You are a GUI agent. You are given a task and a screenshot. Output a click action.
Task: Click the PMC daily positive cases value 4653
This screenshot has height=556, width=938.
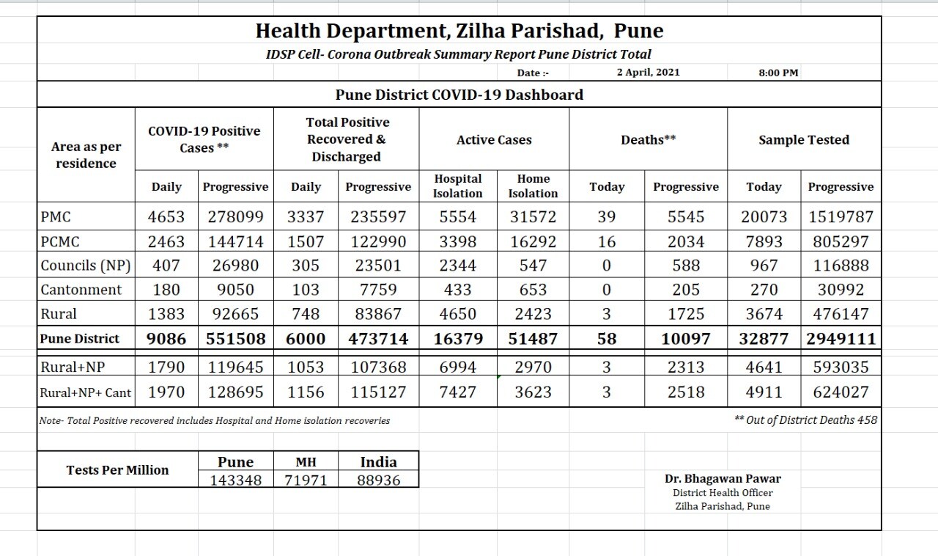click(x=166, y=217)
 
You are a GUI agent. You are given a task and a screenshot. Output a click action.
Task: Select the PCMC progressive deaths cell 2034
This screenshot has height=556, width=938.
click(x=686, y=241)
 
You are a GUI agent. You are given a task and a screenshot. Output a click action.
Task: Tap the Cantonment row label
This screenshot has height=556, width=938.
click(x=81, y=290)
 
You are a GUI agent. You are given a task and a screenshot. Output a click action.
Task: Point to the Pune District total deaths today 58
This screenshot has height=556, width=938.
click(x=606, y=339)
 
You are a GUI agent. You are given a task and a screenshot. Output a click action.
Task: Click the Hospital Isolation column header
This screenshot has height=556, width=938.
click(x=457, y=186)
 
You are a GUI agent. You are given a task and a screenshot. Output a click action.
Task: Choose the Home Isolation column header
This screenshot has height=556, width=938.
click(x=533, y=186)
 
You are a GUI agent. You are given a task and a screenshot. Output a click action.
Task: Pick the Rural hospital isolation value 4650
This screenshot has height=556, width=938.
click(x=457, y=314)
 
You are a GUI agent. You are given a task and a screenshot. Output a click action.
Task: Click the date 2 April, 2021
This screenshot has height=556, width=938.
click(x=648, y=72)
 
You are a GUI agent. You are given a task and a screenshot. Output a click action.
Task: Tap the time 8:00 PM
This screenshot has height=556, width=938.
click(x=778, y=73)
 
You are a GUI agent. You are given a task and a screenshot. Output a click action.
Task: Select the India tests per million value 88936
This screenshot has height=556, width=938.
click(x=378, y=480)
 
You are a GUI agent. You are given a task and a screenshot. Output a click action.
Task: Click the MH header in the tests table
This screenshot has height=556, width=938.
click(x=306, y=463)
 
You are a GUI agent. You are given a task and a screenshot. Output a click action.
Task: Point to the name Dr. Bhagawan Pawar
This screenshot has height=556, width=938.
click(x=723, y=479)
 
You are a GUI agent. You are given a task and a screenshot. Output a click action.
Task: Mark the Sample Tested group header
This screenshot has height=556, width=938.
click(x=804, y=139)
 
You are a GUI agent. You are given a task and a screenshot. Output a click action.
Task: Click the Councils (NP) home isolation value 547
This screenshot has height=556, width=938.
click(x=533, y=266)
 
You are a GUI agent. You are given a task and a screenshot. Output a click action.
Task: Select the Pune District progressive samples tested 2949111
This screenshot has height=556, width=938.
click(x=841, y=339)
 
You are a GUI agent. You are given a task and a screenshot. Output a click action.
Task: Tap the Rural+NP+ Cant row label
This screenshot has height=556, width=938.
click(x=86, y=392)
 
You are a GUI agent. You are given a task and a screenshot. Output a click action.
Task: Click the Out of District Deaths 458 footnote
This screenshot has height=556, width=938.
click(x=805, y=420)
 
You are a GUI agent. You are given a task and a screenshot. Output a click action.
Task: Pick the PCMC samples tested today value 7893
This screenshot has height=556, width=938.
click(x=764, y=241)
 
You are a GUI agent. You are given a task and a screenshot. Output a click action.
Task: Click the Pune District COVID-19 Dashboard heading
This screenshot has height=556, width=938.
click(x=459, y=95)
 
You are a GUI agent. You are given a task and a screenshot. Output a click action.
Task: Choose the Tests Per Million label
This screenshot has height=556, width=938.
click(x=117, y=470)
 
